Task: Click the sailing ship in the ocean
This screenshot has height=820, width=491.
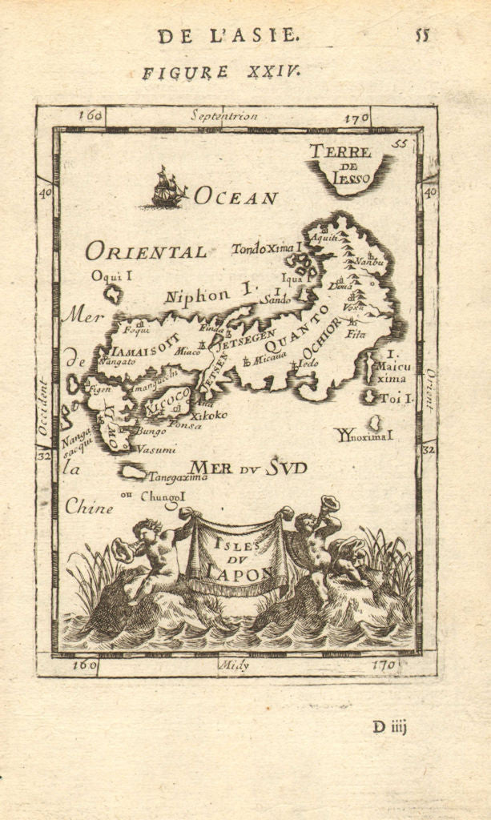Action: [x=169, y=188]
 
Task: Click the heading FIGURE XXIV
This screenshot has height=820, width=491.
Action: [x=220, y=72]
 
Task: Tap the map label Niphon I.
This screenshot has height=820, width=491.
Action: [x=207, y=295]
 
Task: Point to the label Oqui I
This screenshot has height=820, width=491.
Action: [x=111, y=275]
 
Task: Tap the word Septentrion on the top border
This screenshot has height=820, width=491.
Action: [x=224, y=115]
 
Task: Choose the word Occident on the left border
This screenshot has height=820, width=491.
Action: [x=43, y=407]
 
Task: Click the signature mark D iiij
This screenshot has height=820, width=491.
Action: [x=390, y=727]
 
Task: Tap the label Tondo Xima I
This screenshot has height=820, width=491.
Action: [x=265, y=248]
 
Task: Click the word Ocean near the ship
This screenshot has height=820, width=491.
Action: [x=235, y=197]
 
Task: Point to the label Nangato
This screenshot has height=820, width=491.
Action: [x=118, y=362]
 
